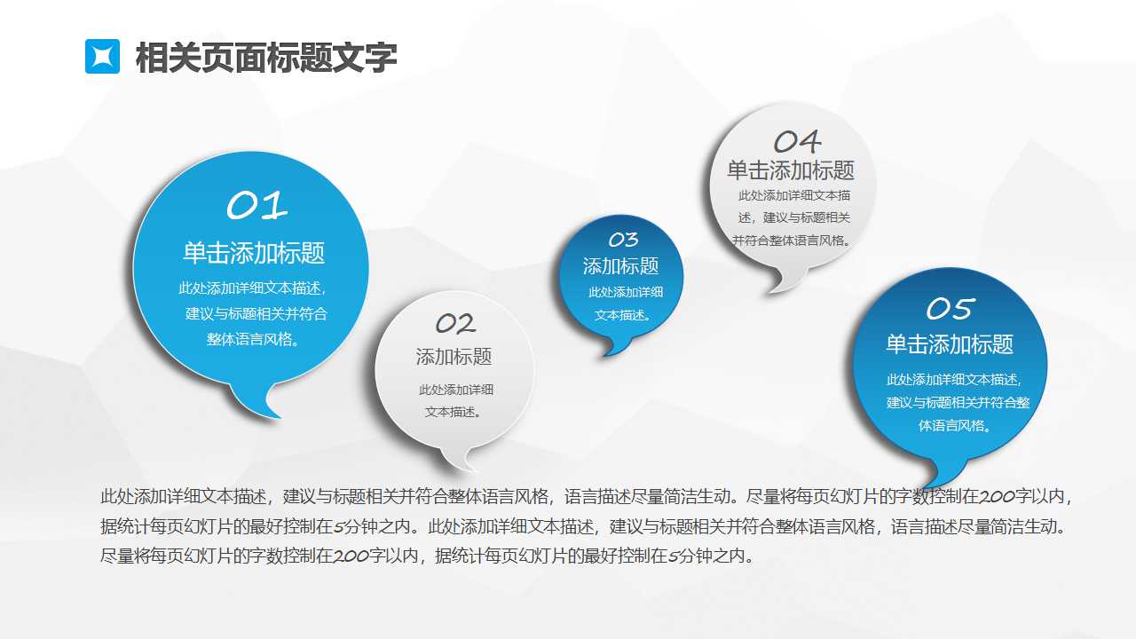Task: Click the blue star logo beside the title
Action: (102, 57)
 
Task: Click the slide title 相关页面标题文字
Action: (265, 58)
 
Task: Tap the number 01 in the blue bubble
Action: (257, 206)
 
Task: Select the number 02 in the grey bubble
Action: (455, 324)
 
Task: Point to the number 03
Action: (623, 240)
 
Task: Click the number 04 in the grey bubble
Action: (797, 141)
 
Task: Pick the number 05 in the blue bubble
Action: (951, 309)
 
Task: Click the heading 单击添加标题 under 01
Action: (254, 253)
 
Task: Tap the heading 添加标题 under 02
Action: (454, 357)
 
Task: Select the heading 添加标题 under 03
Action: (621, 266)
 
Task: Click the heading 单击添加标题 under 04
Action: (791, 170)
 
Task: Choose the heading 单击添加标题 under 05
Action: (950, 344)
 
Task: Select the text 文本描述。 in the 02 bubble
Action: (454, 412)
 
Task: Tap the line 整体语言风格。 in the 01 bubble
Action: (252, 339)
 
